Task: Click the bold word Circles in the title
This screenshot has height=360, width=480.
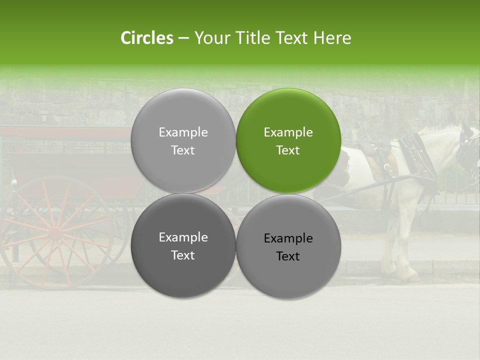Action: [146, 38]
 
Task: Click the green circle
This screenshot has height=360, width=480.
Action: [288, 140]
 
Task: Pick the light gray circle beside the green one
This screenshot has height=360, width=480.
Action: [183, 140]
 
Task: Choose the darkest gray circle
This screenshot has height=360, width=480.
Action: [183, 245]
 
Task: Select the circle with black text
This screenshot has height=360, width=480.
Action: [288, 246]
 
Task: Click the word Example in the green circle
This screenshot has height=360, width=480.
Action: [288, 132]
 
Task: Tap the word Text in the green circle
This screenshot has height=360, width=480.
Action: [288, 150]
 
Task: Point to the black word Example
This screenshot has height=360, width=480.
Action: [288, 238]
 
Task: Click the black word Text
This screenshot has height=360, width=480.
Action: [288, 256]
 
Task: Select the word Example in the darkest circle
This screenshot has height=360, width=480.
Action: [183, 237]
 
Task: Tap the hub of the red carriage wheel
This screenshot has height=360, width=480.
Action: [54, 232]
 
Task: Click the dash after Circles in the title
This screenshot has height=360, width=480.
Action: [183, 38]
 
